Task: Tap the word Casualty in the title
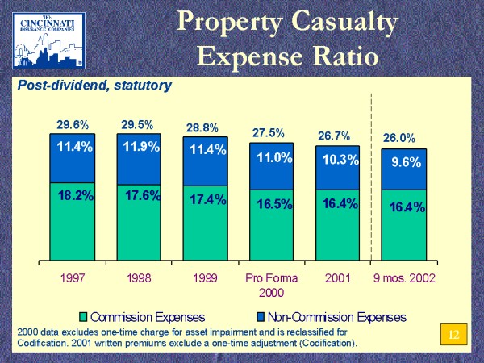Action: pyautogui.click(x=343, y=23)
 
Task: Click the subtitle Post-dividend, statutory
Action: pyautogui.click(x=94, y=84)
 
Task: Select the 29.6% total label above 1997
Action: pyautogui.click(x=73, y=124)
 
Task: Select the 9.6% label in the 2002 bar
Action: pyautogui.click(x=406, y=162)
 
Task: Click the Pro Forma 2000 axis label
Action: pyautogui.click(x=271, y=286)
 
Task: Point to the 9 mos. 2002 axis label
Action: pyautogui.click(x=404, y=279)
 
